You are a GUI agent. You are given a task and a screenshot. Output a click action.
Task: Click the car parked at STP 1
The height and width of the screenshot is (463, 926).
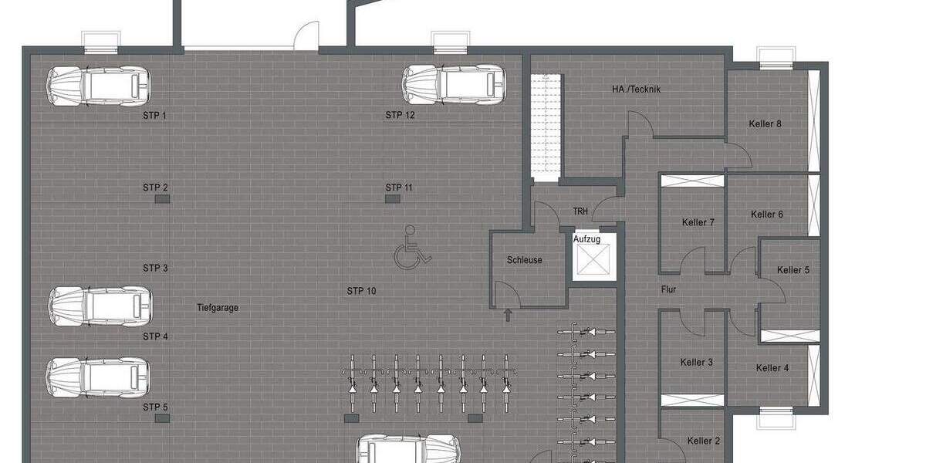tap(98, 86)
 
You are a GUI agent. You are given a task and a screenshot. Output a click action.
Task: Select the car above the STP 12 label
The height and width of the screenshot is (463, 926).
tap(455, 83)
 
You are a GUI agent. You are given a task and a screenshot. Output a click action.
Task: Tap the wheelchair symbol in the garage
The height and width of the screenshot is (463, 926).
tap(412, 246)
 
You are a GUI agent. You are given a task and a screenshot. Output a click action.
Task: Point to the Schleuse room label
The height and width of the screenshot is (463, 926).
tap(524, 260)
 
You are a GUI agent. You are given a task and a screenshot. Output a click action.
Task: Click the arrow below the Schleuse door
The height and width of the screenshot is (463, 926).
tap(507, 314)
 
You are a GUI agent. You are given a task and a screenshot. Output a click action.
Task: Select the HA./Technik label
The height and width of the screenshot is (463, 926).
tap(636, 90)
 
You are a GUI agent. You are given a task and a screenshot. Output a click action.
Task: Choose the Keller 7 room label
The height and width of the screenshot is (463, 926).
tap(698, 222)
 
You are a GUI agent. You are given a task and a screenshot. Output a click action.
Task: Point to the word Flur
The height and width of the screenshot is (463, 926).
tap(668, 290)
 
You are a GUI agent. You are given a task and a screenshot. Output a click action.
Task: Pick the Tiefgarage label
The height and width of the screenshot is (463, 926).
tap(218, 307)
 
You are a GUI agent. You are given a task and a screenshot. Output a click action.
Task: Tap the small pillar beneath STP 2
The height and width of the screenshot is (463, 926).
tap(162, 199)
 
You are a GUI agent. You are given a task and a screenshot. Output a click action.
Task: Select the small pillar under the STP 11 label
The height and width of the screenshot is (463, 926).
tap(393, 199)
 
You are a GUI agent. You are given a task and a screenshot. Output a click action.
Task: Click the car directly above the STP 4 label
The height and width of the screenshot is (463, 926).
tap(99, 306)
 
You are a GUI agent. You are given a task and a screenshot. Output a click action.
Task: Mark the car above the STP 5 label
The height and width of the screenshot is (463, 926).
tap(97, 377)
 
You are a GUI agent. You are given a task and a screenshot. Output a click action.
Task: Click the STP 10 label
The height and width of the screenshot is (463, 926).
tap(361, 291)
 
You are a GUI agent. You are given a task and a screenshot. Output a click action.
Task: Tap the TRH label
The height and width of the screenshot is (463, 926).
tap(580, 211)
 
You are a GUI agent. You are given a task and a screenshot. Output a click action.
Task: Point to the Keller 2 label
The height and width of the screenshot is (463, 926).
tap(703, 441)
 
